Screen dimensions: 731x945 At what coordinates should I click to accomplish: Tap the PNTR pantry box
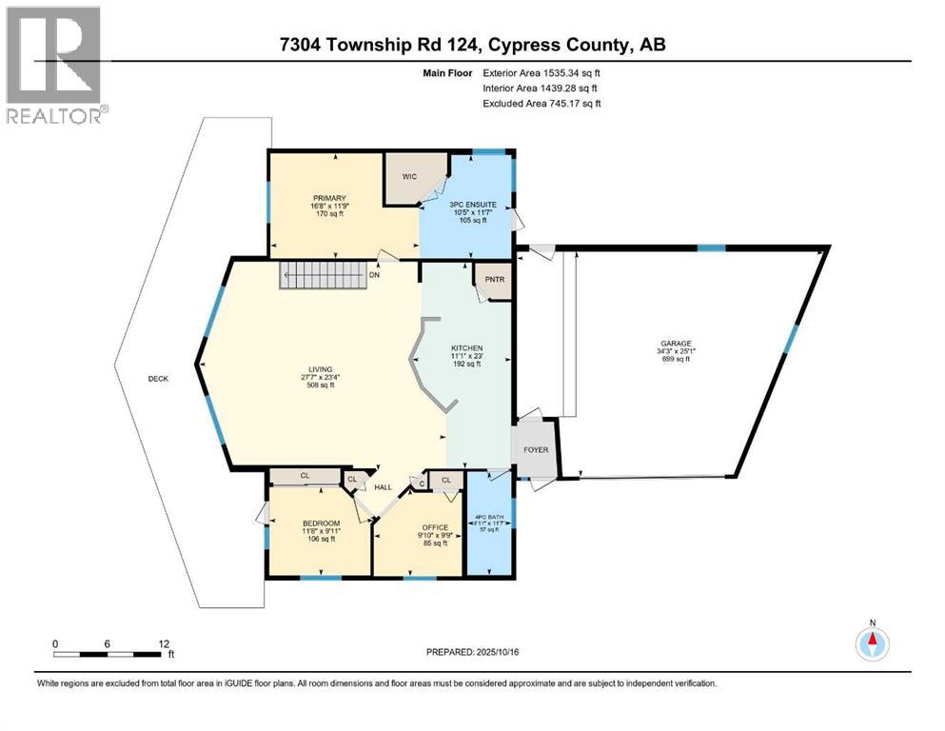pyautogui.click(x=493, y=280)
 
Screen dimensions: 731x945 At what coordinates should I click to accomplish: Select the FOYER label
pyautogui.click(x=537, y=449)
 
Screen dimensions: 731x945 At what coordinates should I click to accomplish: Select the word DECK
pyautogui.click(x=158, y=379)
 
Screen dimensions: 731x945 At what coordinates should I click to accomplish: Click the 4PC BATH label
pyautogui.click(x=489, y=518)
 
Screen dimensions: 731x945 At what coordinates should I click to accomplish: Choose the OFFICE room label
pyautogui.click(x=435, y=526)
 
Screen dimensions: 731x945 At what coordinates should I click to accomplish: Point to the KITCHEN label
pyautogui.click(x=466, y=348)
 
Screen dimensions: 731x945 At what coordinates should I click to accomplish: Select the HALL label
pyautogui.click(x=383, y=486)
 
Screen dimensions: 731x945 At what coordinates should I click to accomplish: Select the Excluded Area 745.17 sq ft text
pyautogui.click(x=541, y=103)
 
